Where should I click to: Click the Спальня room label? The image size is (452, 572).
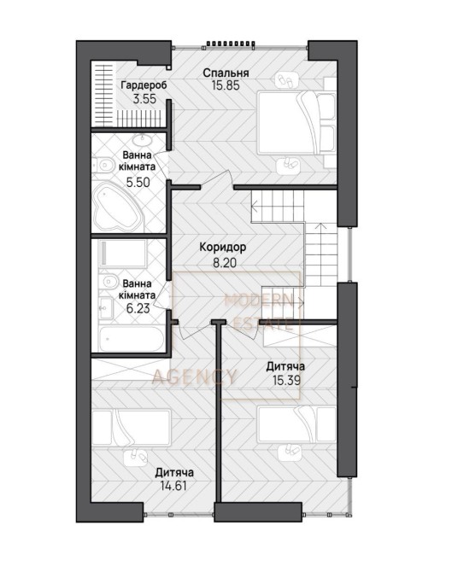[226, 73]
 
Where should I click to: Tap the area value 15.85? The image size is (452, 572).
[226, 85]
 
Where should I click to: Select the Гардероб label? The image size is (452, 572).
[144, 85]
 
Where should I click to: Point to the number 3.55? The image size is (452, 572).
[144, 99]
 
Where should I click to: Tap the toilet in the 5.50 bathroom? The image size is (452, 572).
[103, 166]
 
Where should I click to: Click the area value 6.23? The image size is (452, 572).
[138, 308]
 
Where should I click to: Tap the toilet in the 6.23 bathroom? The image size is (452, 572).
[108, 281]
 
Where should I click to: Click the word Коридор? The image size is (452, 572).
[223, 248]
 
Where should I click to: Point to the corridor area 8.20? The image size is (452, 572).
[225, 263]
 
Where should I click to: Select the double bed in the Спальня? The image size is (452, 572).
[296, 123]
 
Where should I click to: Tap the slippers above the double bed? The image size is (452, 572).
[287, 80]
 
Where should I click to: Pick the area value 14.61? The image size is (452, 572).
[173, 486]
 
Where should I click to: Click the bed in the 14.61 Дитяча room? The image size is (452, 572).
[132, 428]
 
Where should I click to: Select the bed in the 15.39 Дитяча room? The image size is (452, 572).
[296, 425]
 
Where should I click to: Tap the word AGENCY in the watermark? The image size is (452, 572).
[194, 376]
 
